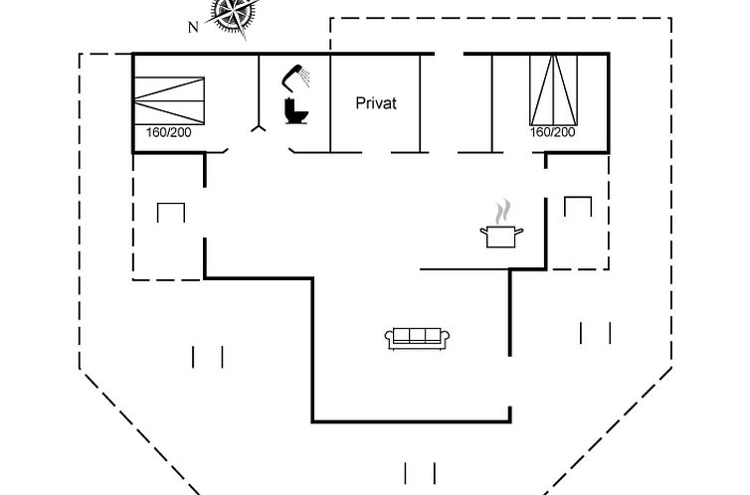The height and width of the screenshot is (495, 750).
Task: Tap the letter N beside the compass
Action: coord(193,27)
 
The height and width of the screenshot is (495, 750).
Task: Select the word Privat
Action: coord(376,102)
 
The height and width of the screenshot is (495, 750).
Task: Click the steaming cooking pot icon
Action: coord(502,236)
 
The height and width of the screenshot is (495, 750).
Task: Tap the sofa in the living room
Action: coord(418,337)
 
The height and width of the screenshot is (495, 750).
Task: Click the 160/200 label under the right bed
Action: coord(552,132)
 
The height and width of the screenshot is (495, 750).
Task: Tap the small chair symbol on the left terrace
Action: coord(171,212)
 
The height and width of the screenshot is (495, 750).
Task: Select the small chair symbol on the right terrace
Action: coord(578,206)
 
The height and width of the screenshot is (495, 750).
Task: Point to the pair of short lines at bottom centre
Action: coord(420,473)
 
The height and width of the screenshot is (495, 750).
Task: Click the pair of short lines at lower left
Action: coord(208,356)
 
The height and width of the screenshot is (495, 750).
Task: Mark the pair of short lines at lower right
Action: coord(596,332)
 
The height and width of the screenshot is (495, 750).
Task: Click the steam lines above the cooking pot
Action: coord(505,211)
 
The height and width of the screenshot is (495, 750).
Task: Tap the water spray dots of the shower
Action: coord(307,76)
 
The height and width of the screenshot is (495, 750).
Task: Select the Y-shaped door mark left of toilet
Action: coord(259,128)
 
